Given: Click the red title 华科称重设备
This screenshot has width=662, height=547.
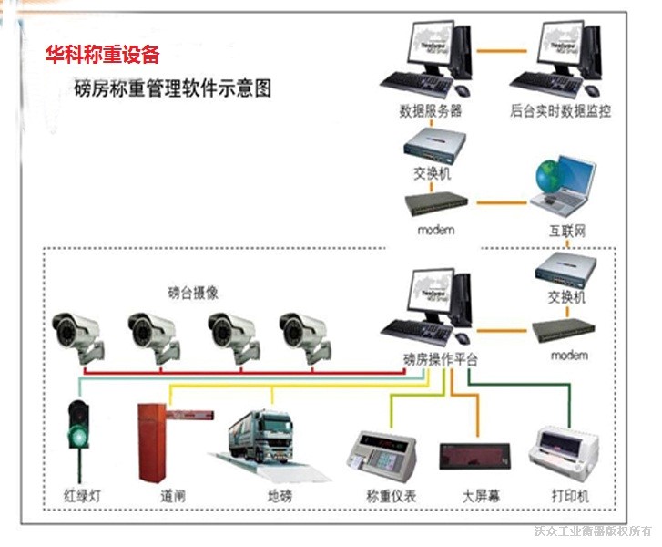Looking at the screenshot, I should click(103, 56).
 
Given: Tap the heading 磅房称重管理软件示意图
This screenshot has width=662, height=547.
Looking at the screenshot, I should click(172, 89).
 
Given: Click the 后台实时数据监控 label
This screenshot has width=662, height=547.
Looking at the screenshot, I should click(560, 112).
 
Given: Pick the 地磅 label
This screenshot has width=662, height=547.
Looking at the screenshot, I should click(280, 497).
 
